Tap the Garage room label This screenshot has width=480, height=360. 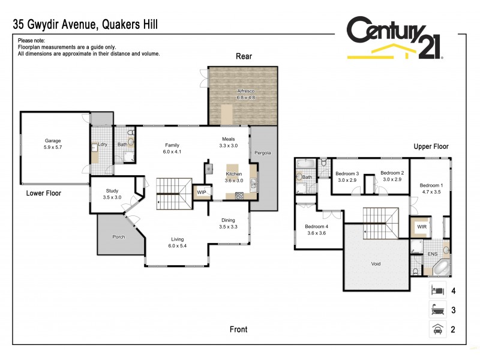(53, 143)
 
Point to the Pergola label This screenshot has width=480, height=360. (263, 152)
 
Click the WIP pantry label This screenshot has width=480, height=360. (202, 192)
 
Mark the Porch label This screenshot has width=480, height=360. (119, 236)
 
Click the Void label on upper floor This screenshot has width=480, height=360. (376, 263)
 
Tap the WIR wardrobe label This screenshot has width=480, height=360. (421, 227)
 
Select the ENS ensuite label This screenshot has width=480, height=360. (432, 254)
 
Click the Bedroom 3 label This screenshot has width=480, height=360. (348, 176)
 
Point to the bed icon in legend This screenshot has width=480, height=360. (437, 291)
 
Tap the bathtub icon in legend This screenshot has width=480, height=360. (437, 310)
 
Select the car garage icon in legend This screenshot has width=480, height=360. (437, 328)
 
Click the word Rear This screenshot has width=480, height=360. (244, 56)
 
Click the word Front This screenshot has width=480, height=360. (238, 329)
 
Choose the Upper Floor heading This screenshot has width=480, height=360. (431, 146)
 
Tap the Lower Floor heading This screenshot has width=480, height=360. (43, 193)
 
